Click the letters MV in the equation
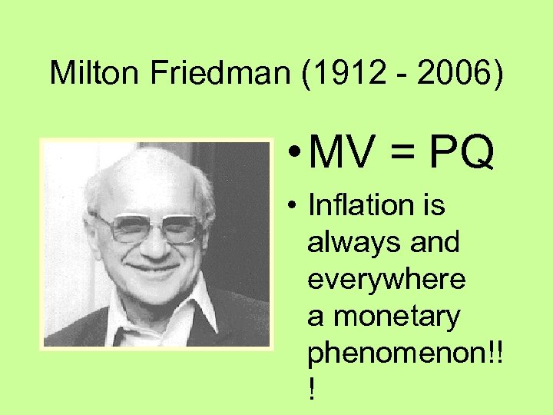pos(340,154)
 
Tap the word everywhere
pos(386,280)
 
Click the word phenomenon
pos(394,354)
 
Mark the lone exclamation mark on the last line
pos(311,390)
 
